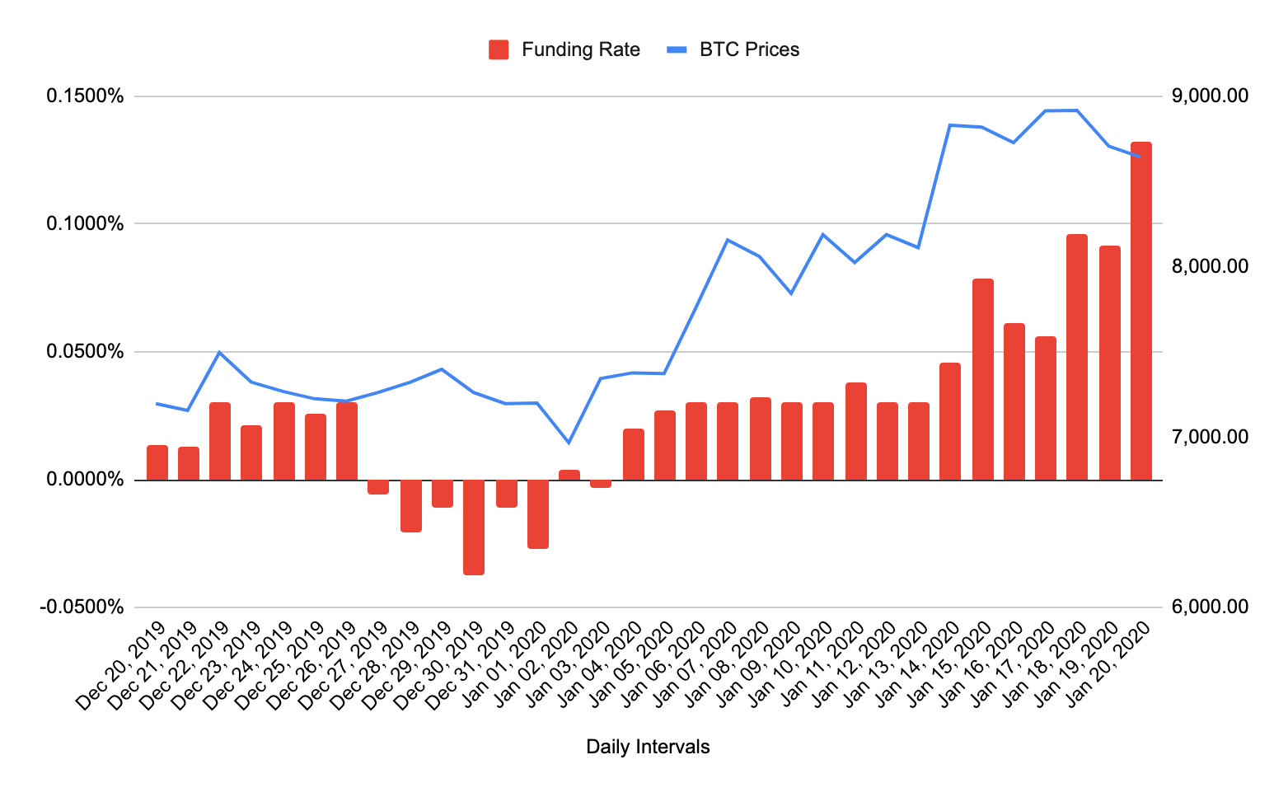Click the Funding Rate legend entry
564,49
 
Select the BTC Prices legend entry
733,49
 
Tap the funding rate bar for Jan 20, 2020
1140,311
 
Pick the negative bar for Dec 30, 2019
474,527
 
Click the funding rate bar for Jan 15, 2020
982,379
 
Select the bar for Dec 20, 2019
157,462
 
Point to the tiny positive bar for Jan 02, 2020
569,475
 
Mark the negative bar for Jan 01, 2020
538,513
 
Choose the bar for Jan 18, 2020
1077,357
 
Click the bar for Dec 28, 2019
411,505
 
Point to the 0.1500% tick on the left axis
85,96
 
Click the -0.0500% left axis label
82,607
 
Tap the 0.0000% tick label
85,480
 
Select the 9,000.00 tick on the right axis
1209,96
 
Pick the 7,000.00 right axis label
1209,437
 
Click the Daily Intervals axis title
648,747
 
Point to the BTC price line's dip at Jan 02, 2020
568,443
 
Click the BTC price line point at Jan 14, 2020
950,125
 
